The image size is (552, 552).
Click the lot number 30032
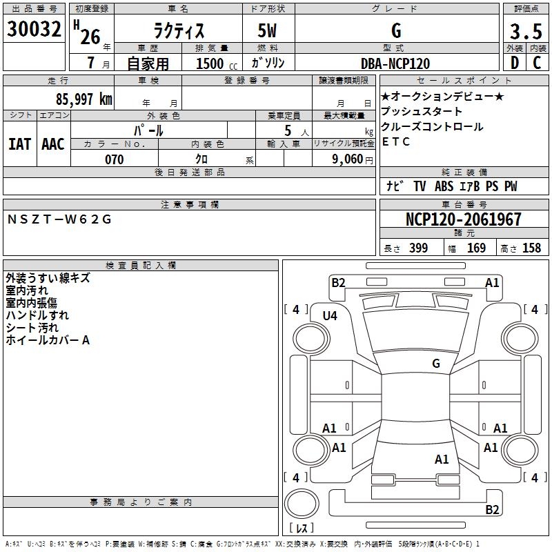point(34,30)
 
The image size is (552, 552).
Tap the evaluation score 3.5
point(526,32)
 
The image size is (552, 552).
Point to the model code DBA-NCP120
point(395,63)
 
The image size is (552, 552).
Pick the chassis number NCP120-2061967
point(463,220)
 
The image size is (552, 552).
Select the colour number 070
point(114,159)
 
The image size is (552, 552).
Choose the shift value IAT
point(19,144)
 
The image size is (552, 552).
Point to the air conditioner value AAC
point(53,144)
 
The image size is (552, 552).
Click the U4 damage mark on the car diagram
point(330,316)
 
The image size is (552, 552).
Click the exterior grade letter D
point(515,63)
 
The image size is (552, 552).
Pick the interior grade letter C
point(537,63)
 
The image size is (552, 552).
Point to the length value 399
point(418,248)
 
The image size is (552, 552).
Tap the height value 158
point(531,248)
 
